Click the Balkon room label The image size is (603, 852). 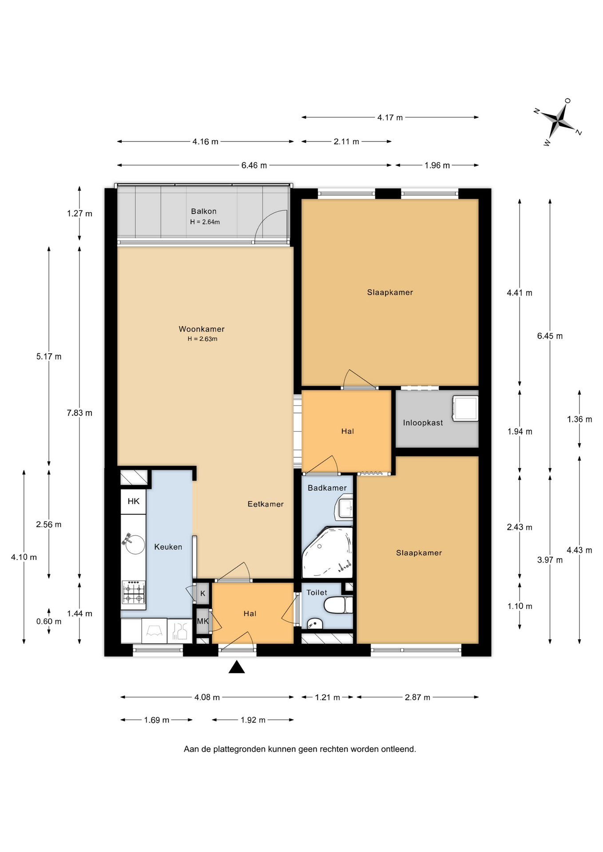204,211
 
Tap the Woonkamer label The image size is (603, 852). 202,329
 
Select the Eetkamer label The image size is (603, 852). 266,504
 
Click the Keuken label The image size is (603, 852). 168,547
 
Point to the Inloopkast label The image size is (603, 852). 423,423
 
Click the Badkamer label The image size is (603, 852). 327,488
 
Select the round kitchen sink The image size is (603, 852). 135,544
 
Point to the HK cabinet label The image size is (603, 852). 134,501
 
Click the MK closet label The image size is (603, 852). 203,621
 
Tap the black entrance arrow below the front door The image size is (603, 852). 237,667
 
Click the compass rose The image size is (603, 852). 558,121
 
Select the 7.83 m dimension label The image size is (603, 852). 79,413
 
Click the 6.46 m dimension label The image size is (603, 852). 254,166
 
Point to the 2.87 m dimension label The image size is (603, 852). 417,697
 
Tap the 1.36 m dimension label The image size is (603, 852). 579,419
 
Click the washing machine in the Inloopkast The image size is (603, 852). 465,408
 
